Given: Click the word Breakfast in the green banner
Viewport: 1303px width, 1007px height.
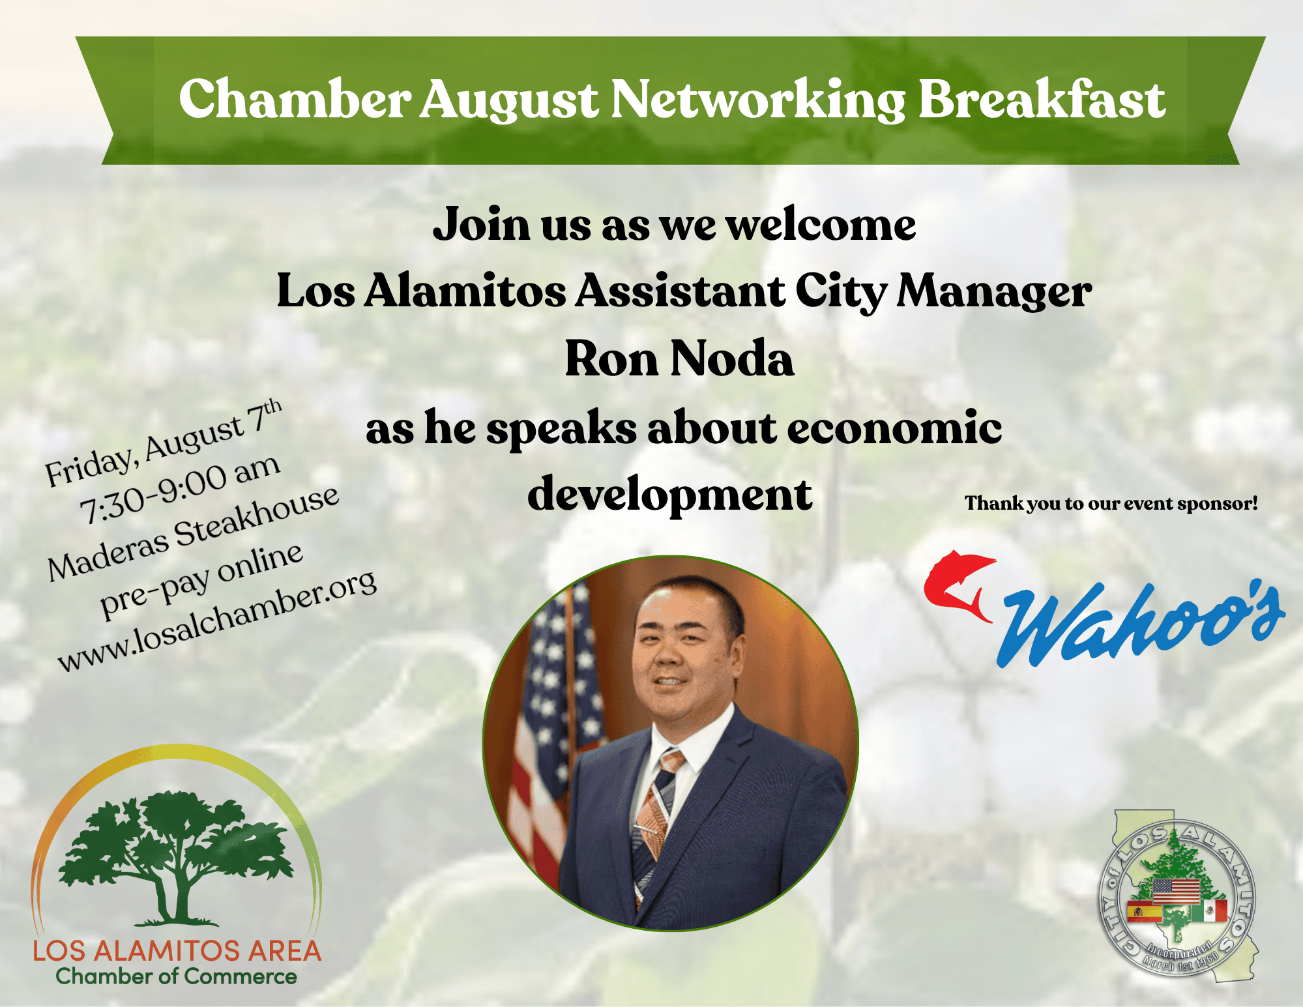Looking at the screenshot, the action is [x=1042, y=99].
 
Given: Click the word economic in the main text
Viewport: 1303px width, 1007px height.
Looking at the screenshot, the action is [x=894, y=428].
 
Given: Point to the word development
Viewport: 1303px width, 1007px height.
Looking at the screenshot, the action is [x=669, y=494].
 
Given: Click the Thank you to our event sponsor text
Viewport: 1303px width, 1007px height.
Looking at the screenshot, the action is [x=1111, y=503].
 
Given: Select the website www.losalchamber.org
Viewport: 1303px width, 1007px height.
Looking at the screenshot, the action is [x=217, y=620].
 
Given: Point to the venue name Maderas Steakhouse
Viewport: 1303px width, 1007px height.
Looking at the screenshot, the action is [x=194, y=533].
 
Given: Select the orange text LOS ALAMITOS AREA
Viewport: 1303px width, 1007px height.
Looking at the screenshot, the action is [x=177, y=951].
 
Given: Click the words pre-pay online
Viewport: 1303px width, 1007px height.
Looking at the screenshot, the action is [x=201, y=580].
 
